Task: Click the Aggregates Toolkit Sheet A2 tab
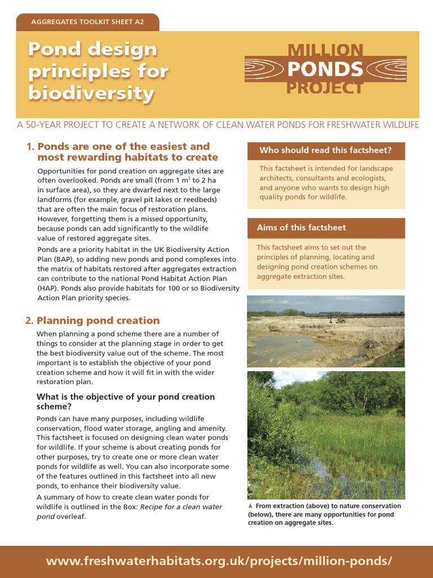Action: (x=87, y=23)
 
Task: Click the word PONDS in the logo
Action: (x=325, y=69)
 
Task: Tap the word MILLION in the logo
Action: (x=325, y=50)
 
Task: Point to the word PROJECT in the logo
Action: (x=325, y=87)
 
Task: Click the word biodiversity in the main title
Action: (x=91, y=93)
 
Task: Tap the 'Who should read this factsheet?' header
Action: (x=325, y=150)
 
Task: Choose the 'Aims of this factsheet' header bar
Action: (x=325, y=227)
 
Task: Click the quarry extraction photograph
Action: (x=325, y=331)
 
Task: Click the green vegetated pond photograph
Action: (x=325, y=435)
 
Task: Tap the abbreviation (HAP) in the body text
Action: (x=48, y=288)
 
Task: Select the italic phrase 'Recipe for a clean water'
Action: (x=180, y=507)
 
